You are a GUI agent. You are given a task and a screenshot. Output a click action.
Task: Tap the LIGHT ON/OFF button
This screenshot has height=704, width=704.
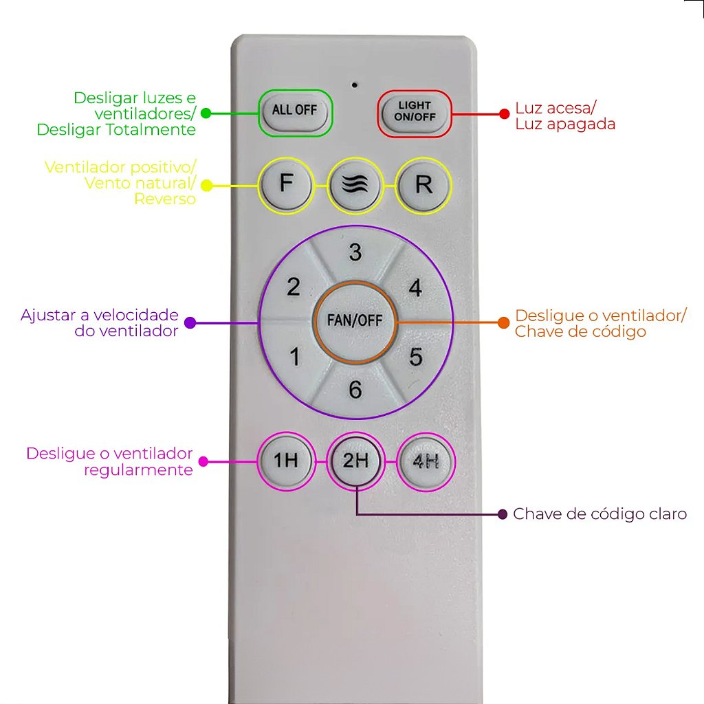414,112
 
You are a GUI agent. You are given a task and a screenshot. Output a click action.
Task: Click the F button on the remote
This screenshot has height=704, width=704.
285,186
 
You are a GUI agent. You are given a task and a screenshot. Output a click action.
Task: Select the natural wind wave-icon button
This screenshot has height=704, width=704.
355,186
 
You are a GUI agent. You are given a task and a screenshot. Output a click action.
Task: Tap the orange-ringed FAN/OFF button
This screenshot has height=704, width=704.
355,321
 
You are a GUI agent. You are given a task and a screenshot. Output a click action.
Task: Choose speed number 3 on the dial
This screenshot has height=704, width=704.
355,252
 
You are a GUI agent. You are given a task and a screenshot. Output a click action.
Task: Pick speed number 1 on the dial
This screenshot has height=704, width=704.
295,357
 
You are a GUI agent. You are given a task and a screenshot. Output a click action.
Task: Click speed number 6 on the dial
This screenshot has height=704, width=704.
355,390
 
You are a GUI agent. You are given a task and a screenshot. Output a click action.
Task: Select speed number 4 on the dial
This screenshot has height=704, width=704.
415,287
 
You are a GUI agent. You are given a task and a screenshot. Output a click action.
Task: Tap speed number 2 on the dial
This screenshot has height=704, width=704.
294,287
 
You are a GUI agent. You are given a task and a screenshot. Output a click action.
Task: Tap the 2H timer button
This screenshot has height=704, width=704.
355,461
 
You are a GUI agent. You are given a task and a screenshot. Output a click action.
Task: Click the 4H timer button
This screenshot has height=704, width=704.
426,461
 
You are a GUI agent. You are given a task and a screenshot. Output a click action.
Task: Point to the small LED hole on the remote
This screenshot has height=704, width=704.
355,85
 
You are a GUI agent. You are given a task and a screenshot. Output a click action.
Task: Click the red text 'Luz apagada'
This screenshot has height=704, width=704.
565,124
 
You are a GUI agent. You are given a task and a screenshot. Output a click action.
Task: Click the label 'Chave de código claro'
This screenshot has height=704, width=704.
599,514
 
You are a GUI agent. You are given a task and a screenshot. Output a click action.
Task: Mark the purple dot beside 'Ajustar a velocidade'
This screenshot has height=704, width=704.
190,322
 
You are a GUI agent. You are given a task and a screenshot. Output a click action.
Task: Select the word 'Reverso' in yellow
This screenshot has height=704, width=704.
165,199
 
